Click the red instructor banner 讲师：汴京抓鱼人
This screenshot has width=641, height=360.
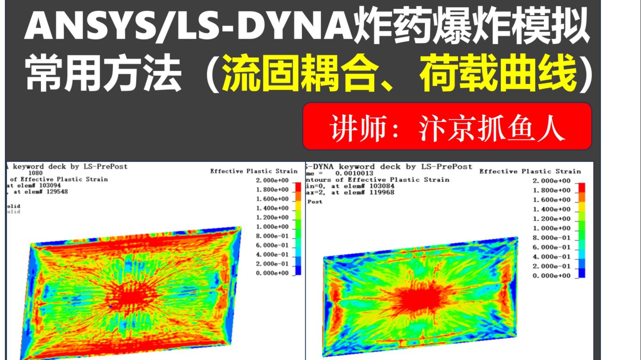(x=447, y=126)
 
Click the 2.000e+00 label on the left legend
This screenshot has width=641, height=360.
(x=272, y=180)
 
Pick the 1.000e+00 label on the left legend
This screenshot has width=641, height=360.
(x=272, y=227)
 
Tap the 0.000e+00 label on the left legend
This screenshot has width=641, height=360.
(x=272, y=273)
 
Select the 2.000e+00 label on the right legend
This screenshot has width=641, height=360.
(x=552, y=181)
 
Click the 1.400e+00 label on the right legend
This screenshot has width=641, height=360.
(x=552, y=209)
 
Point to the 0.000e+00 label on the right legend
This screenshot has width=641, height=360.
(x=552, y=276)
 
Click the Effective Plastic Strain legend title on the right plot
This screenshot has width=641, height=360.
(x=530, y=172)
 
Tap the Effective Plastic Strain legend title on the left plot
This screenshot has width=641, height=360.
(x=253, y=171)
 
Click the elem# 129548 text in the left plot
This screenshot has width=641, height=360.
(x=48, y=192)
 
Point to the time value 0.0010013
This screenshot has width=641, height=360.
(x=354, y=173)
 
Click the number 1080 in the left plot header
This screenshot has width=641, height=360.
(x=36, y=173)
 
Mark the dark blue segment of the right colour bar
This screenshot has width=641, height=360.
(x=581, y=273)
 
